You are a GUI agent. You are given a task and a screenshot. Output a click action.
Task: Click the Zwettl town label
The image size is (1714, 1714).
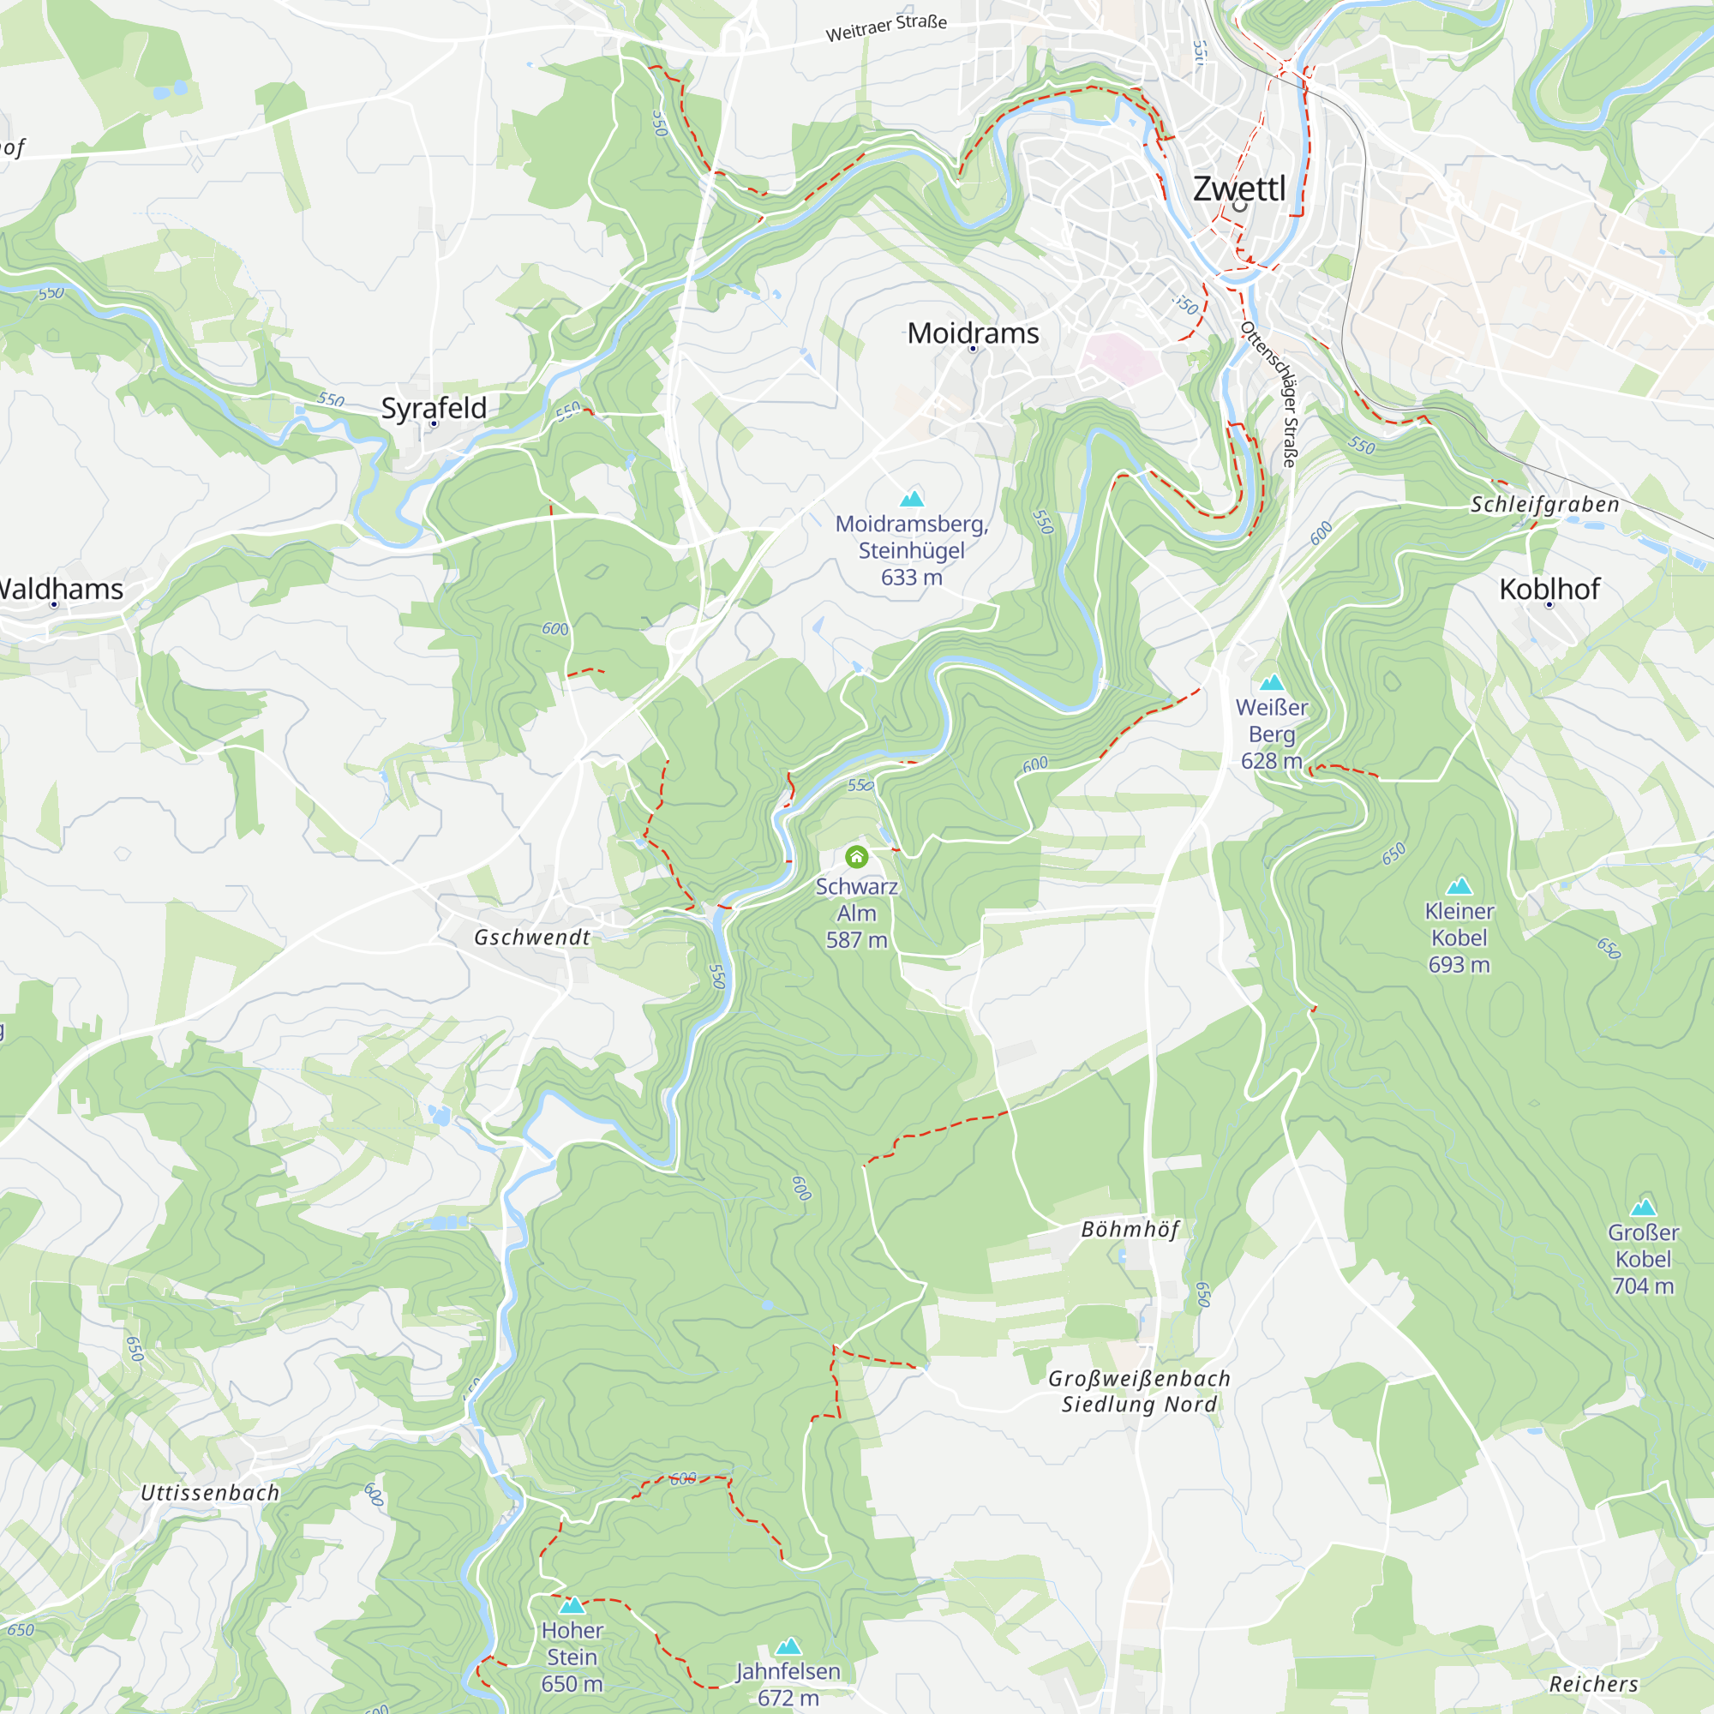pyautogui.click(x=1238, y=189)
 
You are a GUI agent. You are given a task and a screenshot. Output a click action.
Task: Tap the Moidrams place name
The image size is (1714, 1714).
pyautogui.click(x=974, y=333)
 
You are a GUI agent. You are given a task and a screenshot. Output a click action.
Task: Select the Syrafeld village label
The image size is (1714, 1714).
pyautogui.click(x=434, y=408)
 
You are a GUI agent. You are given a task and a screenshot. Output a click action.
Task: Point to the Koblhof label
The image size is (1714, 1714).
pyautogui.click(x=1549, y=589)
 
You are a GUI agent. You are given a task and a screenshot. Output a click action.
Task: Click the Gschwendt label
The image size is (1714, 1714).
pyautogui.click(x=531, y=937)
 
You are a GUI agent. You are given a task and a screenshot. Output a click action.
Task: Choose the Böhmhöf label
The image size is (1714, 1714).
pyautogui.click(x=1130, y=1229)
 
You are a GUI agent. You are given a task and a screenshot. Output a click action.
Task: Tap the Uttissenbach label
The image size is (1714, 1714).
pyautogui.click(x=210, y=1492)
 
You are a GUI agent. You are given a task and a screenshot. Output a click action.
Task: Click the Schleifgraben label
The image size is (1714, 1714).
pyautogui.click(x=1544, y=504)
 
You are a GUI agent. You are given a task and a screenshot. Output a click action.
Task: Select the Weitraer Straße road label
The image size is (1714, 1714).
pyautogui.click(x=886, y=27)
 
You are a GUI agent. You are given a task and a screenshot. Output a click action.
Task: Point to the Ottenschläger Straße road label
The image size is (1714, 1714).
pyautogui.click(x=1270, y=394)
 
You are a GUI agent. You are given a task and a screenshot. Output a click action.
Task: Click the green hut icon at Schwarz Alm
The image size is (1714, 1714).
pyautogui.click(x=856, y=857)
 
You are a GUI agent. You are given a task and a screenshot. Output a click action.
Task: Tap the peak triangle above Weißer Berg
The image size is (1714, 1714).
pyautogui.click(x=1272, y=682)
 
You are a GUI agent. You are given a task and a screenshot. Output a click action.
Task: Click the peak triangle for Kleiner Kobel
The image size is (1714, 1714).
pyautogui.click(x=1459, y=885)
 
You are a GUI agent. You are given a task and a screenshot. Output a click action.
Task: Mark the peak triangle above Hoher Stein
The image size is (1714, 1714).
pyautogui.click(x=572, y=1605)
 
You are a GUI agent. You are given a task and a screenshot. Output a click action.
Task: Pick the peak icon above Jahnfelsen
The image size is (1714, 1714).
pyautogui.click(x=788, y=1646)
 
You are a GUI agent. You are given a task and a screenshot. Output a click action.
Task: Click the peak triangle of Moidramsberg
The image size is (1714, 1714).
pyautogui.click(x=912, y=499)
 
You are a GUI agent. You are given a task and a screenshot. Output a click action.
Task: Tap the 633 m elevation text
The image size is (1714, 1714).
pyautogui.click(x=911, y=578)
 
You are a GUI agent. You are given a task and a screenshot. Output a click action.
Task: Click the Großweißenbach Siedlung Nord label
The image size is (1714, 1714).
pyautogui.click(x=1139, y=1391)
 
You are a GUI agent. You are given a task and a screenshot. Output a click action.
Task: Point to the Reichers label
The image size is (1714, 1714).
pyautogui.click(x=1593, y=1684)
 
